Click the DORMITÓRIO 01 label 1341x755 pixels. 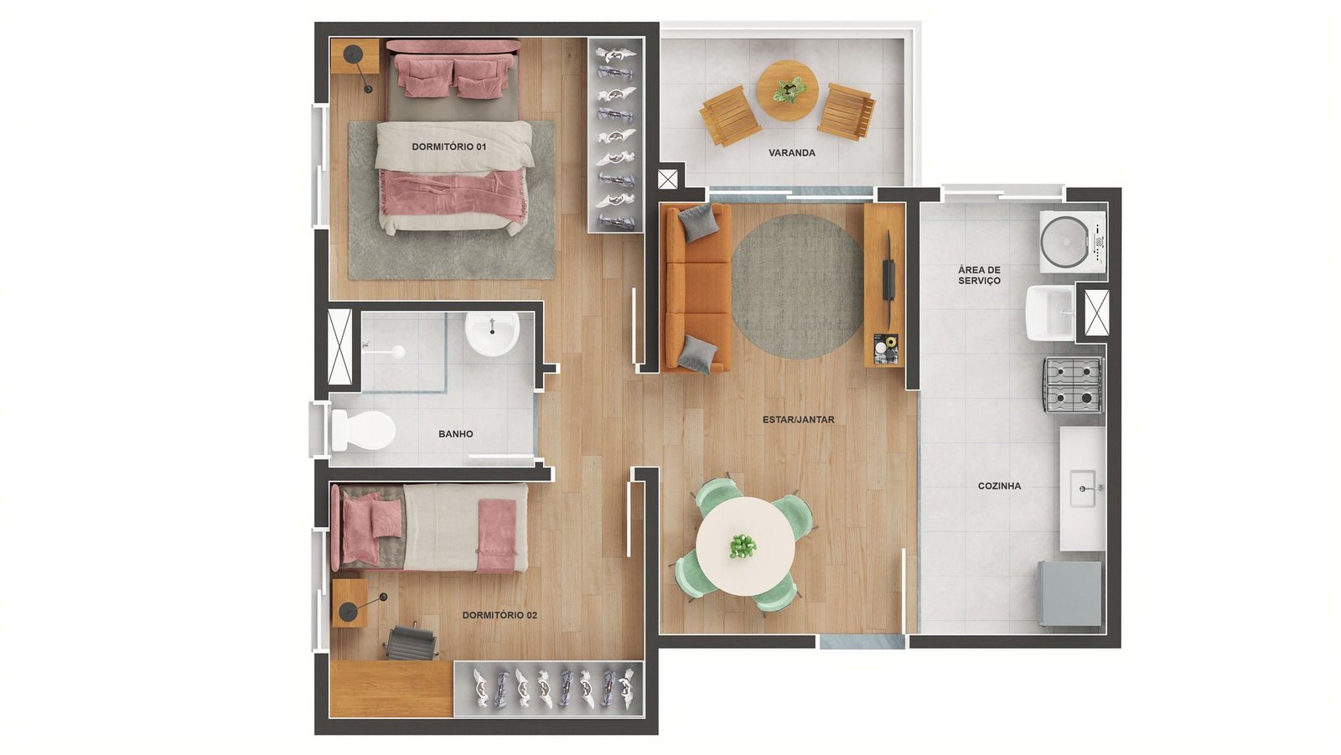point(449,147)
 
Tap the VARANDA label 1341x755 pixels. point(791,153)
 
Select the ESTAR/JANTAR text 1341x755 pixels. point(798,420)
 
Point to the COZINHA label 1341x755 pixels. point(999,486)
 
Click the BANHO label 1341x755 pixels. point(456,434)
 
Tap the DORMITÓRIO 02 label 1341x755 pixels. point(500,615)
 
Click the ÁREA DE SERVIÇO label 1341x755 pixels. point(979,276)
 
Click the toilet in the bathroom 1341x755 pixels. point(363,429)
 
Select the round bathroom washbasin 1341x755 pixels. point(492,334)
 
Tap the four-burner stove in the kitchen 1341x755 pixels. point(1074,385)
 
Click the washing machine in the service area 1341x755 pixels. point(1072,242)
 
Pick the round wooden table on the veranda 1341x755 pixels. point(787,90)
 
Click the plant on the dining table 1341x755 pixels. point(743,546)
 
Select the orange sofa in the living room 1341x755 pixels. point(696,288)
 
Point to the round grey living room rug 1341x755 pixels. point(797,287)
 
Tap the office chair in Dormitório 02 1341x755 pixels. point(410,643)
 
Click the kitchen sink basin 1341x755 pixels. point(1082,489)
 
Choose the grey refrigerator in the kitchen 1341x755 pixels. point(1069,594)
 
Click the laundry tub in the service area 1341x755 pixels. point(1051,313)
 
